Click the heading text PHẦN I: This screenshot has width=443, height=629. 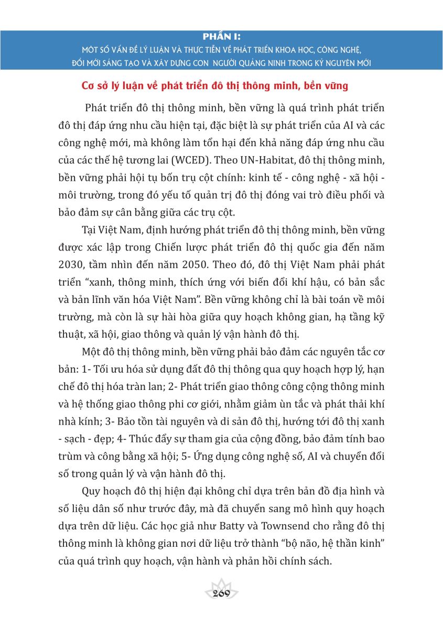tap(221, 38)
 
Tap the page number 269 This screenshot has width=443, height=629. tap(222, 593)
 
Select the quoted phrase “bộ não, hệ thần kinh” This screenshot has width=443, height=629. tap(328, 547)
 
